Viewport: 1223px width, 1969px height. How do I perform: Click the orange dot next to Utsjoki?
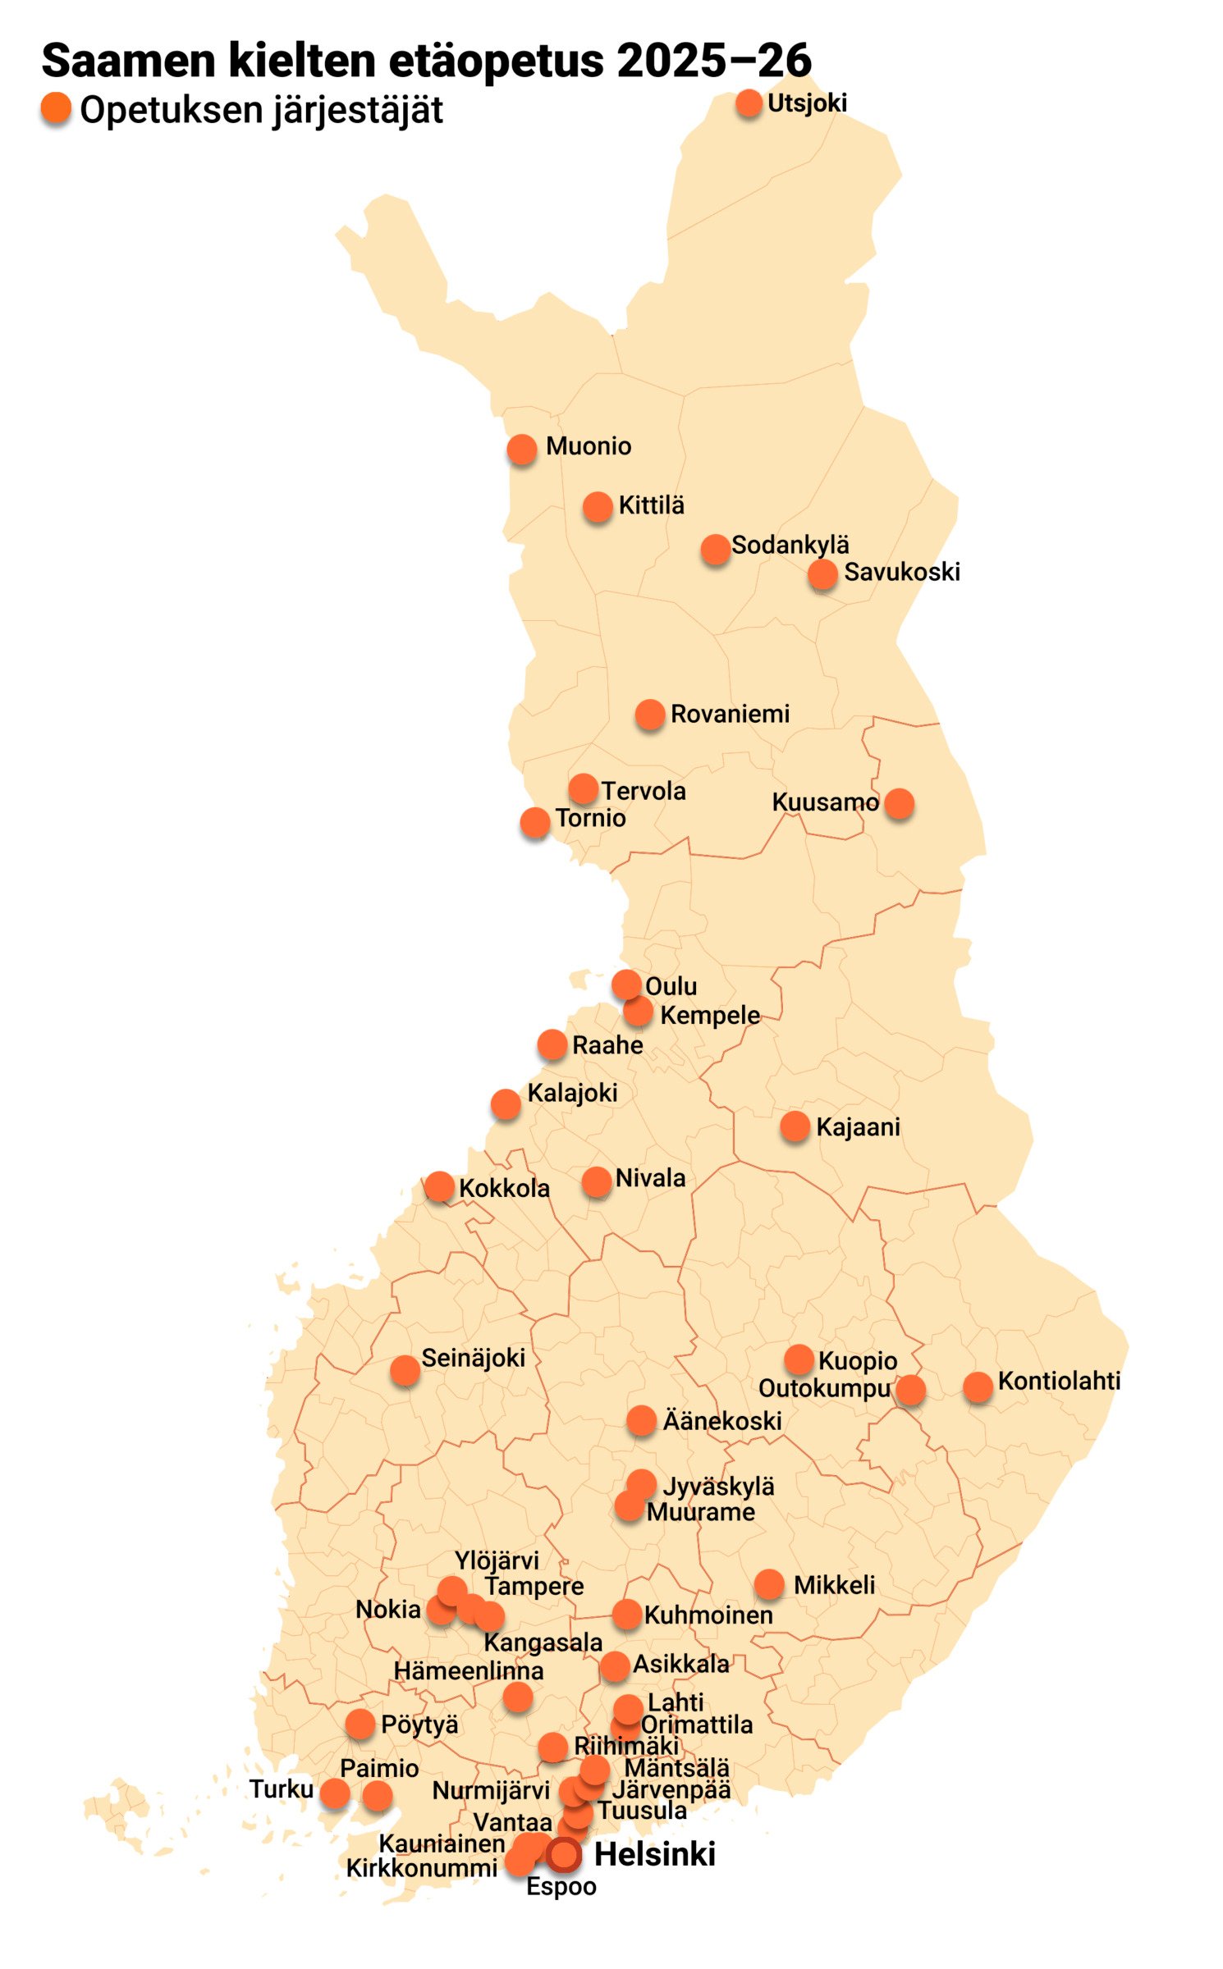click(x=749, y=103)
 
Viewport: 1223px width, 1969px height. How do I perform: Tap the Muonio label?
click(x=589, y=446)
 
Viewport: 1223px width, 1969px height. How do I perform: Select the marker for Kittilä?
click(x=598, y=506)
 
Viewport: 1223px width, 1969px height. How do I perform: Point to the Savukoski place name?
click(x=901, y=572)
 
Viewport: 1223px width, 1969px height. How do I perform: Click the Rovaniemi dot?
click(x=649, y=715)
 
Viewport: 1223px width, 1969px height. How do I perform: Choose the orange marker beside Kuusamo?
click(x=899, y=803)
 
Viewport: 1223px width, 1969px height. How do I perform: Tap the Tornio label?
click(x=590, y=818)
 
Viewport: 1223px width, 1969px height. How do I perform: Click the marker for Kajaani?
click(x=795, y=1126)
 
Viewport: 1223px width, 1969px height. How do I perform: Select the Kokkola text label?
click(x=504, y=1188)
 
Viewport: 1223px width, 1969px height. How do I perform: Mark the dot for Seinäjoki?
click(x=405, y=1369)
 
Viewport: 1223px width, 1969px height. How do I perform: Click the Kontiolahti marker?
click(x=978, y=1387)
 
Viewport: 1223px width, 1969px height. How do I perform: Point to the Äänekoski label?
click(x=722, y=1421)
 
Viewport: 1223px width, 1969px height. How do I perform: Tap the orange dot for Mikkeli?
click(x=769, y=1584)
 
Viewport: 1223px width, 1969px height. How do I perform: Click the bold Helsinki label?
click(x=654, y=1854)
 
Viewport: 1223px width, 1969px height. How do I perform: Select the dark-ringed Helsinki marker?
click(x=563, y=1853)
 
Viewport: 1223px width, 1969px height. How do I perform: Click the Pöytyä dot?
click(x=360, y=1724)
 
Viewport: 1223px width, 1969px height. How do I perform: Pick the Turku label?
click(x=282, y=1789)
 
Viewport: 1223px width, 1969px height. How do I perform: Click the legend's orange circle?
click(x=56, y=108)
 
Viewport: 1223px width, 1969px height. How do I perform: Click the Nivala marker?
click(x=597, y=1182)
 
